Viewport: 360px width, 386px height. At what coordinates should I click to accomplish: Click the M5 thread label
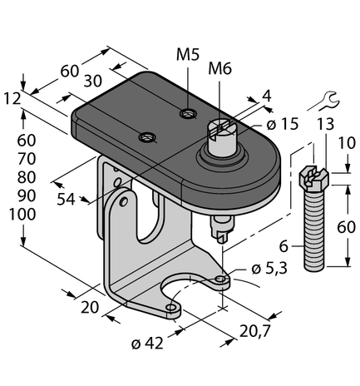[x=189, y=56]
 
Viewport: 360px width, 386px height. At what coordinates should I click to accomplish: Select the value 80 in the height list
[x=27, y=176]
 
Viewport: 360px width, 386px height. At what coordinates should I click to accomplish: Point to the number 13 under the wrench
[x=327, y=125]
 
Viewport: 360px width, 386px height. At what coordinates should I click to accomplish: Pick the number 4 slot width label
[x=266, y=97]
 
